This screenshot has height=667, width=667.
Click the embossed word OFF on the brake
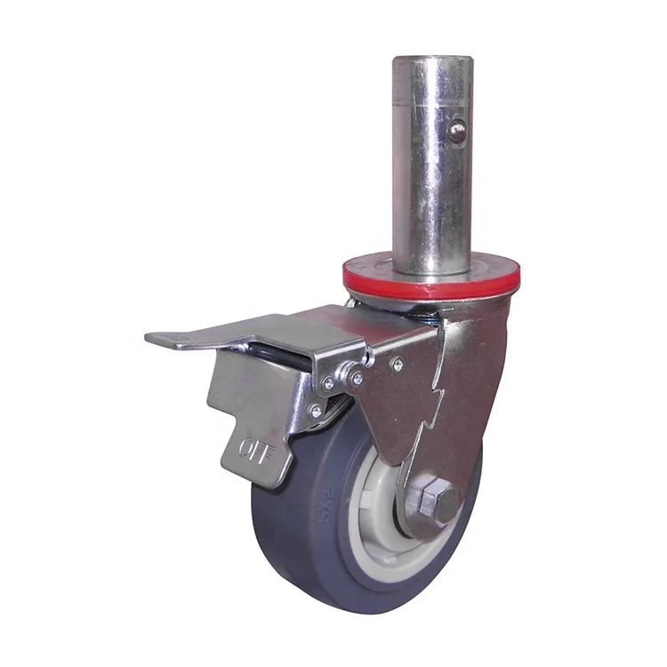click(x=255, y=447)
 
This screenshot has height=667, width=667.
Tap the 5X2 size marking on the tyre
click(x=328, y=506)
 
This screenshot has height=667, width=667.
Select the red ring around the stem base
click(x=431, y=281)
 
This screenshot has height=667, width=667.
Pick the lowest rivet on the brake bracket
click(x=316, y=411)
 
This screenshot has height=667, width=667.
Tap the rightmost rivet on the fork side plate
click(x=398, y=364)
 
